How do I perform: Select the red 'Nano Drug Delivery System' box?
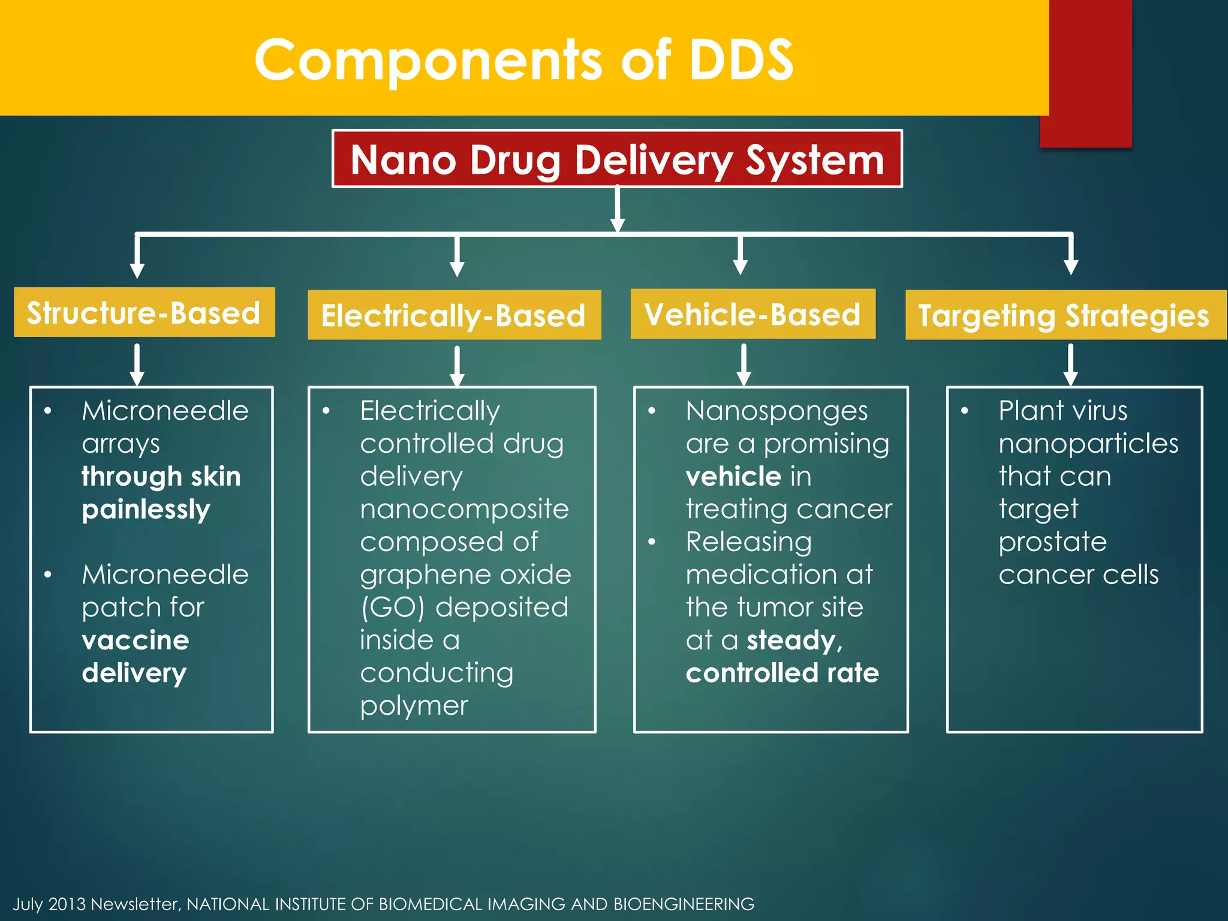[x=617, y=159]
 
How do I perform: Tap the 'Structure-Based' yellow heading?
[x=144, y=313]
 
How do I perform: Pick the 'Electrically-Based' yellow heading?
[x=454, y=315]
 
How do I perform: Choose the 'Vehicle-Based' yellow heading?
[x=753, y=314]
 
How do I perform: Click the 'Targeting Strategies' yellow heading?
[x=1064, y=315]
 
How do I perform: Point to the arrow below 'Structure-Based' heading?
[x=137, y=365]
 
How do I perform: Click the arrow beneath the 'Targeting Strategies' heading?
[x=1070, y=365]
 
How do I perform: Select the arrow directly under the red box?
[x=618, y=210]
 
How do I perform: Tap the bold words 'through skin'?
[x=161, y=477]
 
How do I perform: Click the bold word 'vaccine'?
[x=136, y=640]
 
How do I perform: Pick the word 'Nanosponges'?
[x=776, y=411]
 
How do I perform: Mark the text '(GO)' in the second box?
[x=393, y=607]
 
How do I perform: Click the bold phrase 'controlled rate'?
[x=782, y=673]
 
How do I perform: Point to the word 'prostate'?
[x=1052, y=542]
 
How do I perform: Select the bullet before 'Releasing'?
[x=652, y=542]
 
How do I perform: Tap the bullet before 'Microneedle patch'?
[x=48, y=575]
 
